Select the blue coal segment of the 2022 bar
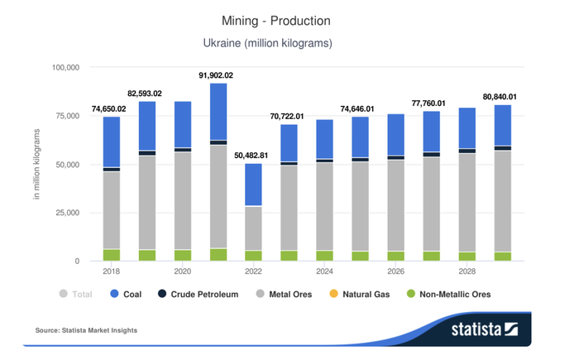click(x=253, y=185)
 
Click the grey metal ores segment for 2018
click(x=111, y=210)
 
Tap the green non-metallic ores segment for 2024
click(x=324, y=256)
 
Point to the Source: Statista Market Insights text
click(x=86, y=330)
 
